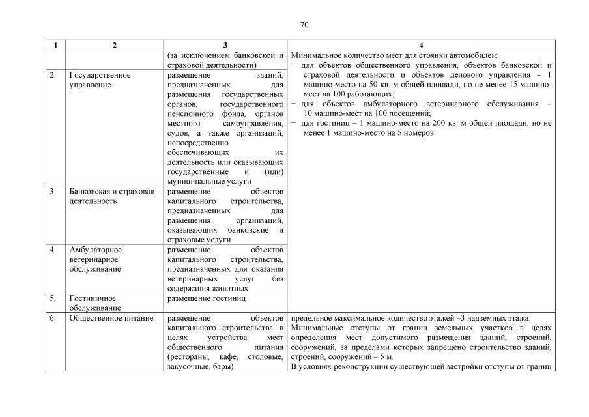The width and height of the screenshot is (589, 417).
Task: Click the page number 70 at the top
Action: (x=304, y=25)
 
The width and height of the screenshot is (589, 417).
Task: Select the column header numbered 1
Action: (x=55, y=45)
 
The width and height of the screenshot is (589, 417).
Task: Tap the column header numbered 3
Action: (x=225, y=45)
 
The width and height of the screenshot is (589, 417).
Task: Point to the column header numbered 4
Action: (x=421, y=45)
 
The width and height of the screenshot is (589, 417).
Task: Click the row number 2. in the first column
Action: (x=53, y=75)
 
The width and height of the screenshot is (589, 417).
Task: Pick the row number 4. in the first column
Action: (x=53, y=250)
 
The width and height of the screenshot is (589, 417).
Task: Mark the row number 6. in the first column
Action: (x=53, y=318)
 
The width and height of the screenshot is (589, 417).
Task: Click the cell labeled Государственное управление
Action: (x=100, y=80)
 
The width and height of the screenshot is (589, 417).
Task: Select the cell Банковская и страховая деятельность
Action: (x=111, y=196)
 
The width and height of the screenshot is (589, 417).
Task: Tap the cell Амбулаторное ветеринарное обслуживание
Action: (x=96, y=259)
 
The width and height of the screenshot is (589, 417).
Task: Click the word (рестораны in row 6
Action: (x=188, y=357)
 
